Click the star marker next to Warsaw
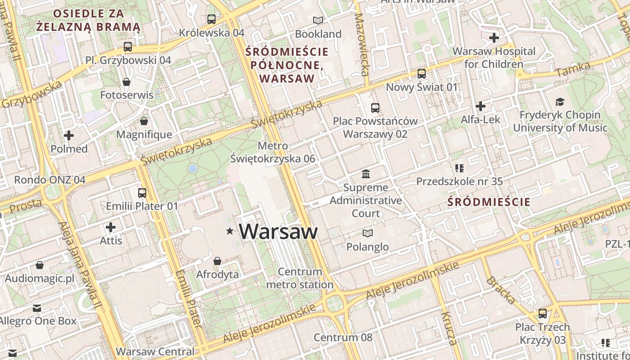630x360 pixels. coord(230,231)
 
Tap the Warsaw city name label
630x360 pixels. coord(278,231)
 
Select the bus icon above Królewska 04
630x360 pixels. coord(211,19)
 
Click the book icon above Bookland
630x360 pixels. coord(318,20)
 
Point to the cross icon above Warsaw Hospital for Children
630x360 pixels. coord(494,37)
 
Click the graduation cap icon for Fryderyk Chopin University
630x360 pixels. coord(560,102)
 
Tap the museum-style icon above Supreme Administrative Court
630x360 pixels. coord(366,174)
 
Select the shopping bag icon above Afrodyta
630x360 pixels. coord(217,261)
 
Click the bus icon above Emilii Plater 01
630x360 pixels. coord(142,193)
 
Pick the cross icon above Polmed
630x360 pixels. coord(69,135)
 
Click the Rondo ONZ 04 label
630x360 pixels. coord(49,180)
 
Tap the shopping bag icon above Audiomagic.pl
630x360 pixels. coord(40,265)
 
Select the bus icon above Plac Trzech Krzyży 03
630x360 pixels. coord(543,313)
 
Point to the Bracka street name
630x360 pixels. coord(500,290)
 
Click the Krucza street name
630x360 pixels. coord(449,328)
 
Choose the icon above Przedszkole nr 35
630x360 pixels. coord(459,168)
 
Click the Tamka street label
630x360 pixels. coord(573,69)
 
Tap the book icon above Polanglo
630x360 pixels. coord(368,233)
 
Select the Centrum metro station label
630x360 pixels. coord(300,278)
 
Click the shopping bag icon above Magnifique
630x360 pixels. coord(144,121)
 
